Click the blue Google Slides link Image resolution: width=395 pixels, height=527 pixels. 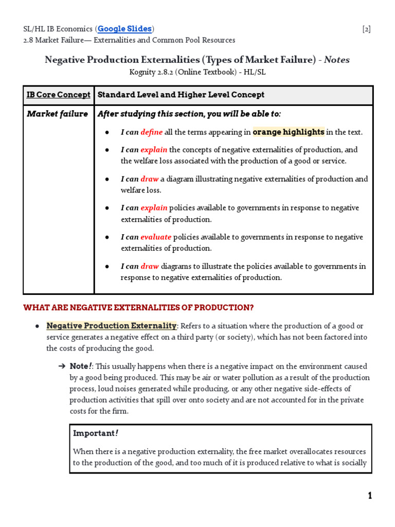[x=125, y=29]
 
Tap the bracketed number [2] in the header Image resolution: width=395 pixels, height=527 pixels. [x=366, y=29]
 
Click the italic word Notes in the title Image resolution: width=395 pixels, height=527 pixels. [x=337, y=60]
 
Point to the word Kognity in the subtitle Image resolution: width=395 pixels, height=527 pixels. [x=144, y=72]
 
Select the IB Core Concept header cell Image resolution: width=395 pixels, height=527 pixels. [x=59, y=95]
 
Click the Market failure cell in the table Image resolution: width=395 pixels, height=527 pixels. [x=57, y=114]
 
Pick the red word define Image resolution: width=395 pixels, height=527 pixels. [x=151, y=132]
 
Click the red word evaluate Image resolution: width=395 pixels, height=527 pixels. [x=156, y=237]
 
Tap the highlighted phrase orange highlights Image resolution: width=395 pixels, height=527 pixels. [x=288, y=132]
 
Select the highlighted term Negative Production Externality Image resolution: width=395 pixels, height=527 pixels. [x=112, y=326]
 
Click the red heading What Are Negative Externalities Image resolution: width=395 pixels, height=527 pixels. [x=139, y=308]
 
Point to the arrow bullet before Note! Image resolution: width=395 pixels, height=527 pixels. [x=62, y=366]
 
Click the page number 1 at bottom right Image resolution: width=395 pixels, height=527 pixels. [x=370, y=496]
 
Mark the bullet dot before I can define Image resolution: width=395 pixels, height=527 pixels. [x=107, y=132]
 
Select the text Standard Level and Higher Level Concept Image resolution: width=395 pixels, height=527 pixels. [x=181, y=95]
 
